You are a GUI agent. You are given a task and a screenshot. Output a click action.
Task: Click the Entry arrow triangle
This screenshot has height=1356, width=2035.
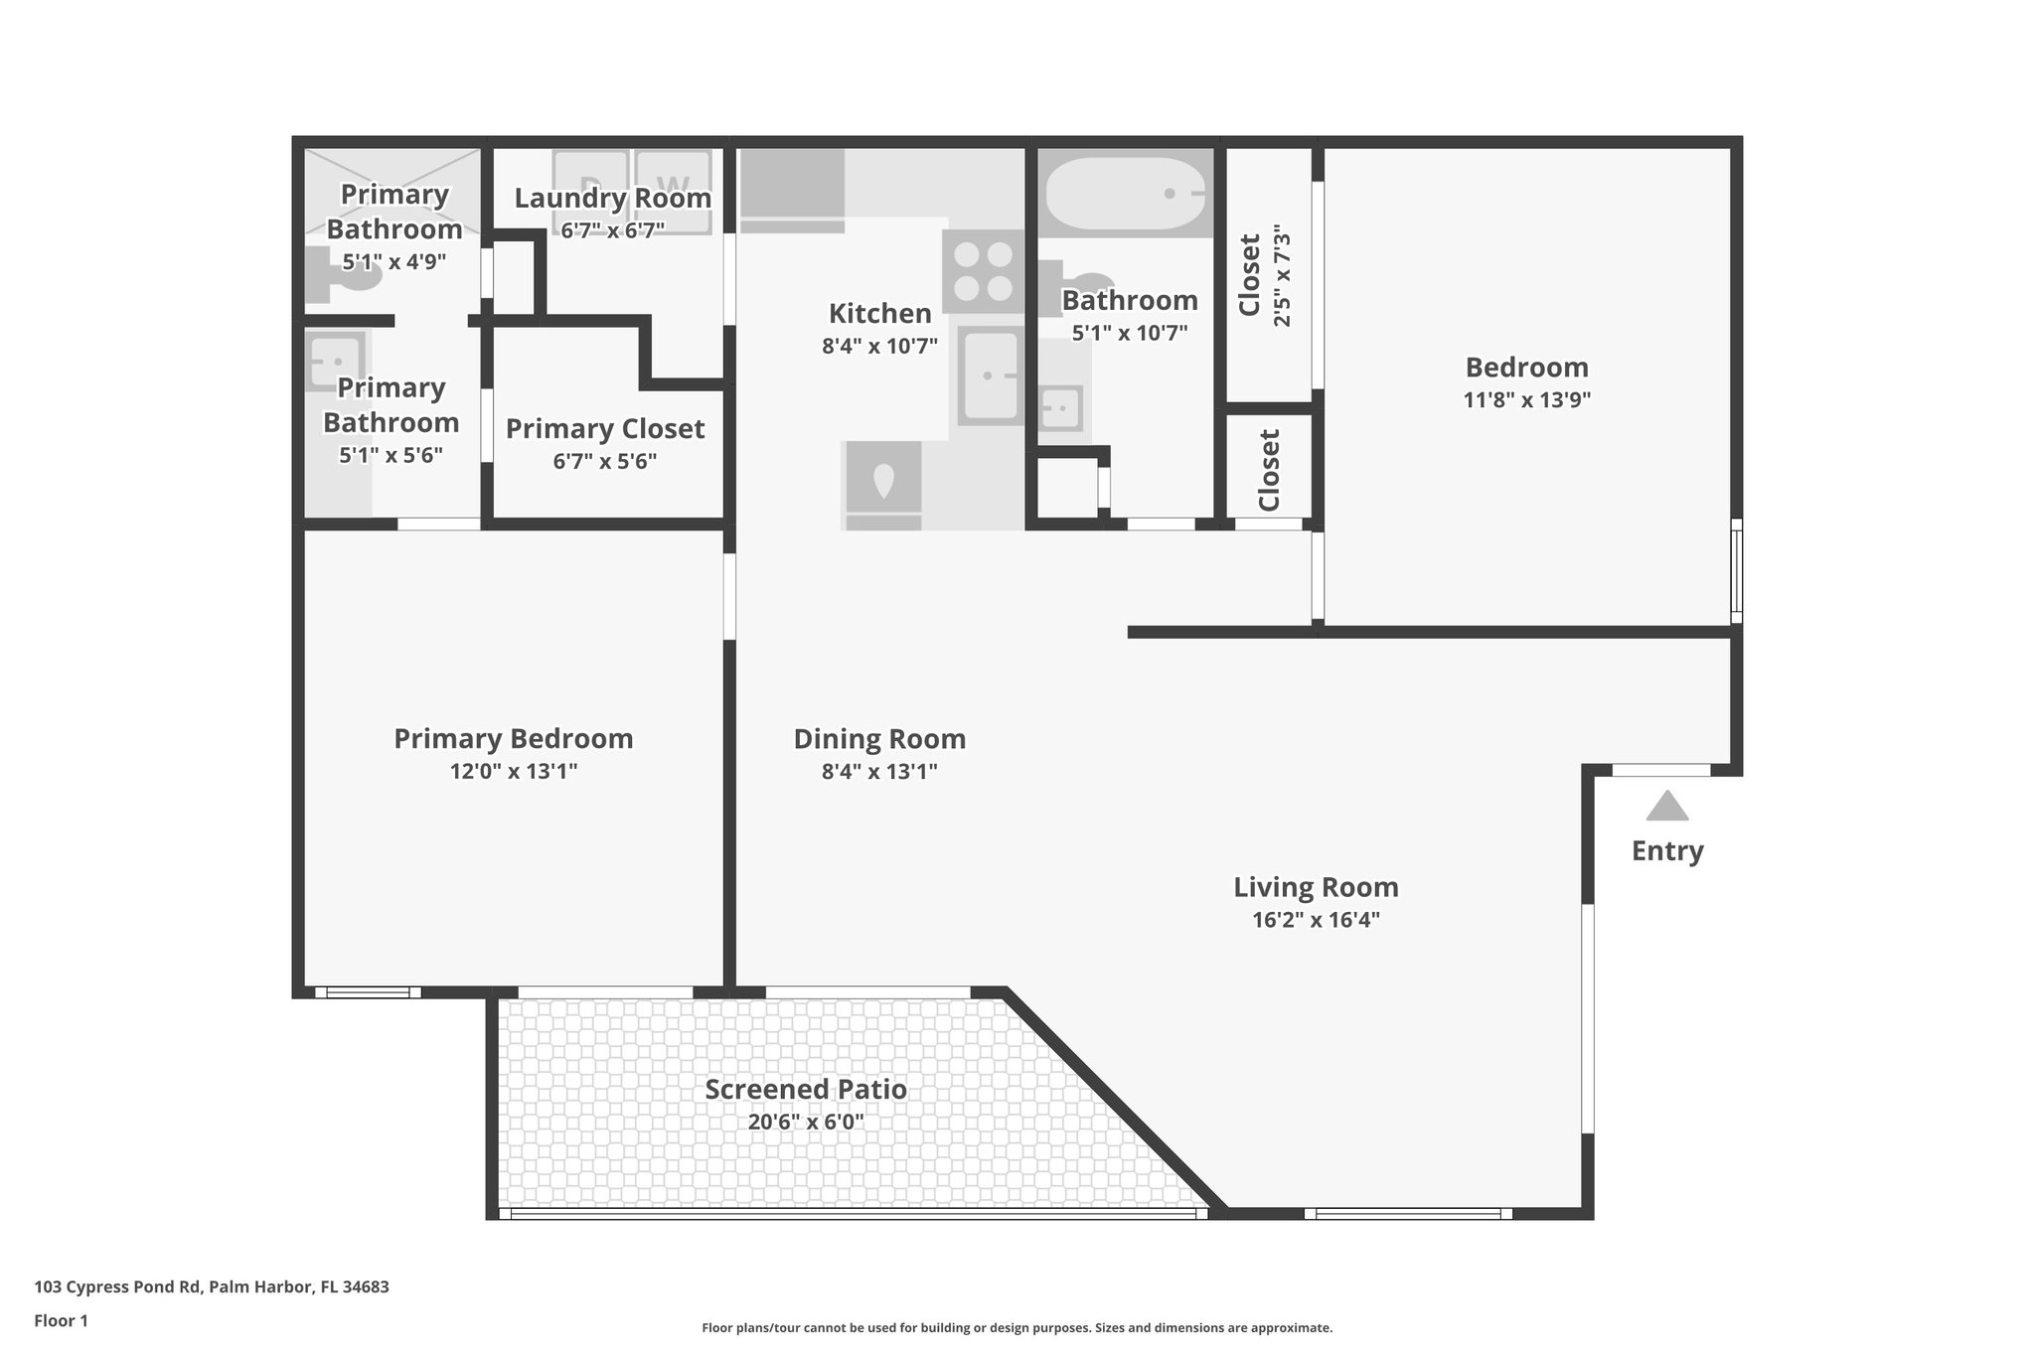1666,807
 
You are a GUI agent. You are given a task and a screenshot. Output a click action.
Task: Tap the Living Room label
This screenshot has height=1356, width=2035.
1316,887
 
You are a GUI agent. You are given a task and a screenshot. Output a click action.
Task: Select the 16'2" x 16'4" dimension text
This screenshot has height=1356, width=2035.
1316,920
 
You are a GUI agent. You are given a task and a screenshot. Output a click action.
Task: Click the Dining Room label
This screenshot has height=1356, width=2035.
879,739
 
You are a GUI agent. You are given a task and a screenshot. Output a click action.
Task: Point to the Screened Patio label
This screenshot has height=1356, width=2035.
806,1090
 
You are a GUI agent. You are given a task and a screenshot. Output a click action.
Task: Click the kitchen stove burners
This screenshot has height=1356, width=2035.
983,272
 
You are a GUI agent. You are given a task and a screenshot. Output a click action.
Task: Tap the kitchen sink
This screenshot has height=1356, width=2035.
990,377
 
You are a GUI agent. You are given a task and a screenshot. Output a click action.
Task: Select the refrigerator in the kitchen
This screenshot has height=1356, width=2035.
882,485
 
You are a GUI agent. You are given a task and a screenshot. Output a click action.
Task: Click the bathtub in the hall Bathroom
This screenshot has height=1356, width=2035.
1126,194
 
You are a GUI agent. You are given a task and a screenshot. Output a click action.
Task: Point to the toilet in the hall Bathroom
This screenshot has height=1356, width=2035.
1078,280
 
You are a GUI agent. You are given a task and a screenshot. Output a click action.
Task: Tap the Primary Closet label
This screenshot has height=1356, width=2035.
604,429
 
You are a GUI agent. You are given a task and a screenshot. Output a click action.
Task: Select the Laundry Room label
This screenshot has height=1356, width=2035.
612,198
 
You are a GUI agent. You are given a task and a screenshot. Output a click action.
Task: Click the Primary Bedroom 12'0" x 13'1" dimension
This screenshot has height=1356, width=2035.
513,772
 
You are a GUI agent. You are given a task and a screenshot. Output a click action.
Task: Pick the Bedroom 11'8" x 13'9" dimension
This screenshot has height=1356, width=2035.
1526,400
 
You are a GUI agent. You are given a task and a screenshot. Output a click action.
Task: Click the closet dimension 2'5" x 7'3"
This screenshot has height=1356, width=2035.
1282,279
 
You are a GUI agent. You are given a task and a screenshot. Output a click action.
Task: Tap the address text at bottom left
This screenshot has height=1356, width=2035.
212,1287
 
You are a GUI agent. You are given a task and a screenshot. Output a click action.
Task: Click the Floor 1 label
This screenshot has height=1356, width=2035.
61,1321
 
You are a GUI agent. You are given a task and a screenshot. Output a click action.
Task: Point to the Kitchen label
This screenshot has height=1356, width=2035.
879,314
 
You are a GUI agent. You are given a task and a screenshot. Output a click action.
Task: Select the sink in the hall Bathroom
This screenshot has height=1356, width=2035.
1061,408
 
